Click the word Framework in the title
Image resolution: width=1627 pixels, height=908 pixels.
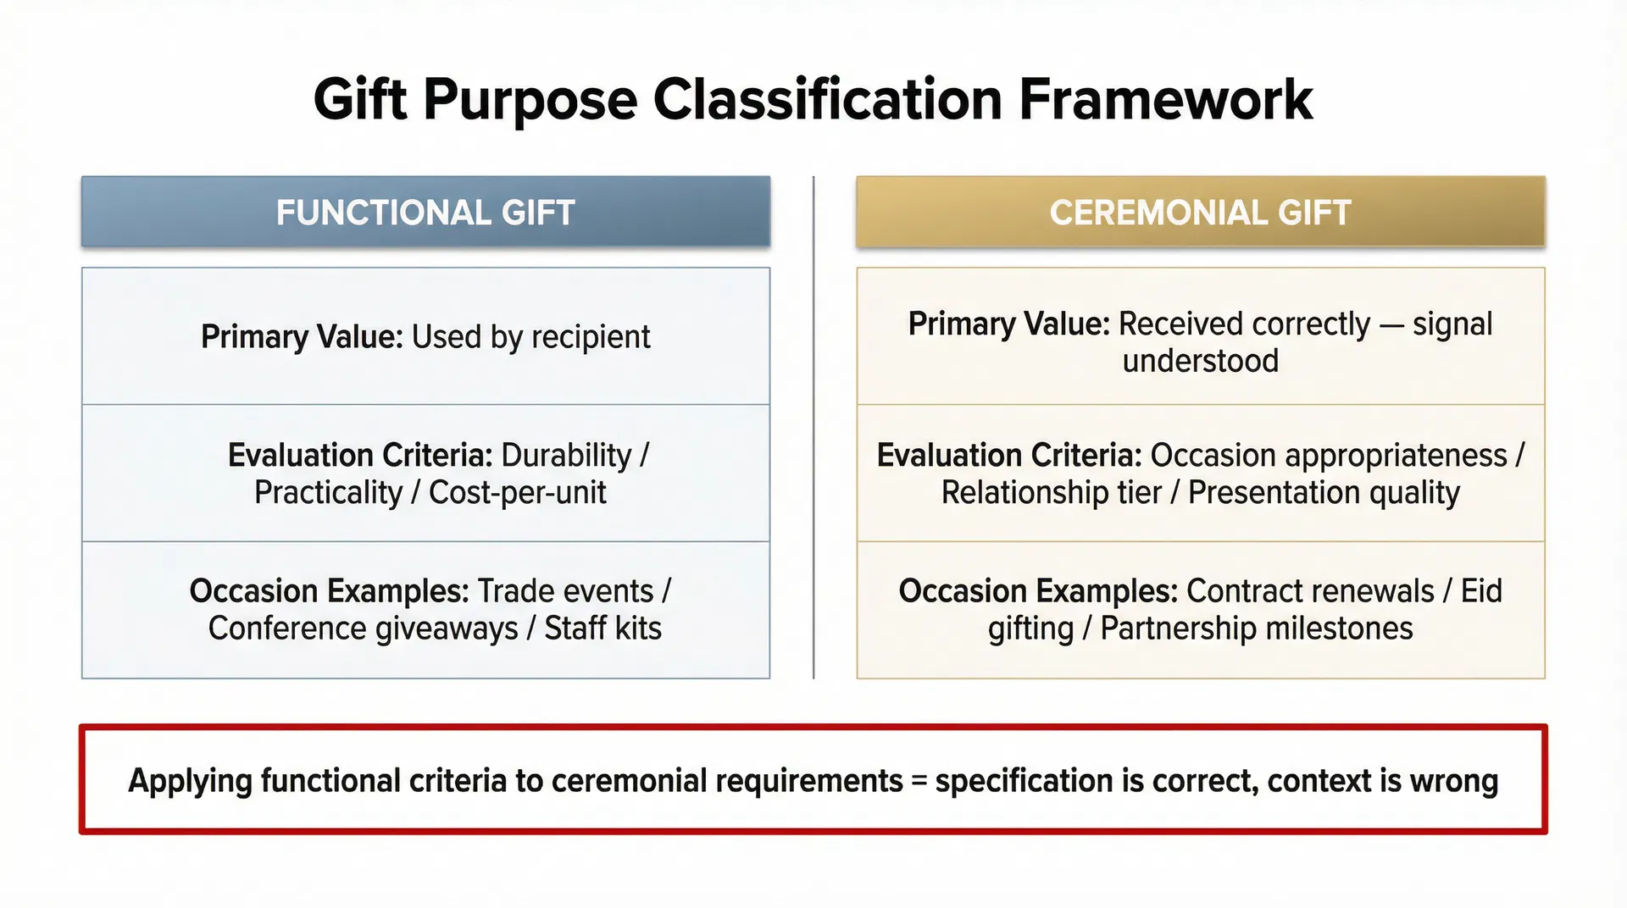1165,100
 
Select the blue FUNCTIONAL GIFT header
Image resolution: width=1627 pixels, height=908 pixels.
425,213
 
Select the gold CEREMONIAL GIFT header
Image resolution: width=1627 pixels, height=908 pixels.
1200,213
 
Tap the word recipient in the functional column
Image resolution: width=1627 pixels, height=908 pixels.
591,337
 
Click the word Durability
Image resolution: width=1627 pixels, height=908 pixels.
566,456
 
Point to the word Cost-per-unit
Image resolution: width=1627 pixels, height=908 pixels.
517,493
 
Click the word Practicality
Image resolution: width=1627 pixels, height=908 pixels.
328,493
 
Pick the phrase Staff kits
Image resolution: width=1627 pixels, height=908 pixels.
602,628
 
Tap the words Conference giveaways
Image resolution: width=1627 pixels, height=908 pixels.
363,628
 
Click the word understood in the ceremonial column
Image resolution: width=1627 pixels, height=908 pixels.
1200,362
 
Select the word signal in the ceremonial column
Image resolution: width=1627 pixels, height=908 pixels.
1452,324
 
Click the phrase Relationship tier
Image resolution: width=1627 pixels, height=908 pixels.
1051,493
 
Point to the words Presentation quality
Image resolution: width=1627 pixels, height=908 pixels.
1324,493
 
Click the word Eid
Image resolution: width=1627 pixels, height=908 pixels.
1480,591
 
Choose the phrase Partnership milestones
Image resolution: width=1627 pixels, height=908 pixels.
1256,628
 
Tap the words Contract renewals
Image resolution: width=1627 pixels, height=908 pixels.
1310,591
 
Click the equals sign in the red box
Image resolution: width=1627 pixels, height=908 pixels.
919,781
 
